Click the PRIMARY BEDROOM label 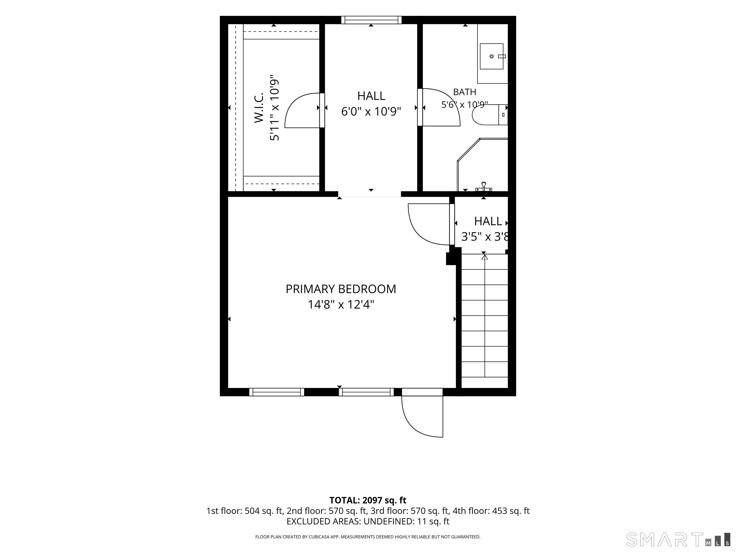pos(341,289)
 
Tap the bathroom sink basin pos(491,56)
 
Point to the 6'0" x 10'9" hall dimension pos(371,111)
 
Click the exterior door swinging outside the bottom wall pos(422,416)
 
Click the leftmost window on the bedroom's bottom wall pos(276,392)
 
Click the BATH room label pos(465,92)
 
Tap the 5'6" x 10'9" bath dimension pos(465,105)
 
